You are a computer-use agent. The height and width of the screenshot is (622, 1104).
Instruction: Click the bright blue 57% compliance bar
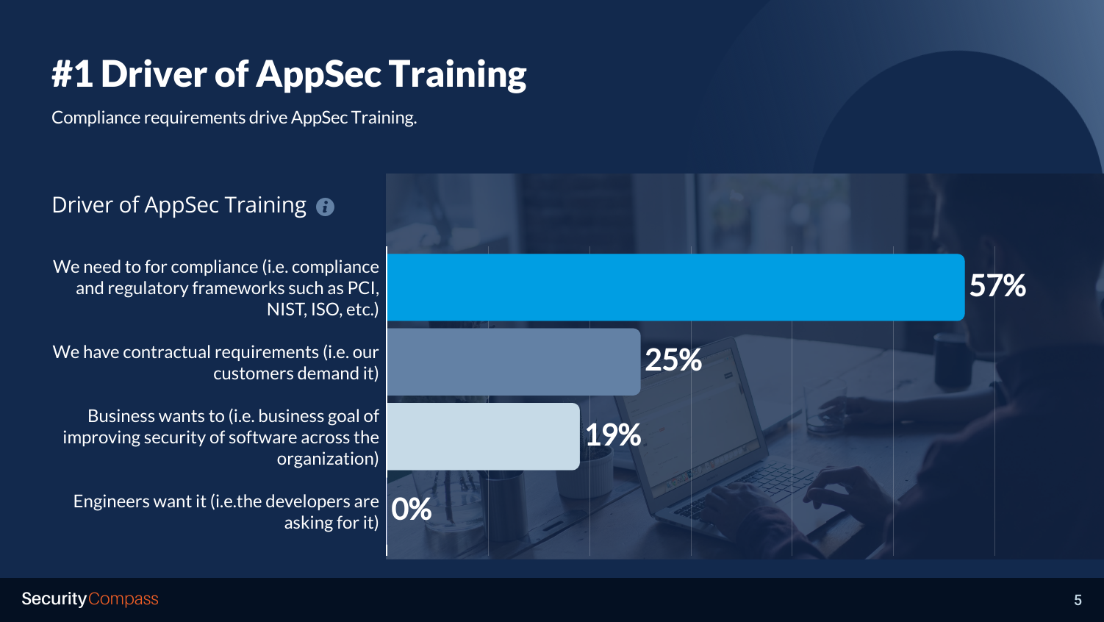click(x=675, y=287)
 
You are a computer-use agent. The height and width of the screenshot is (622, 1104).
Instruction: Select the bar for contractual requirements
click(x=514, y=362)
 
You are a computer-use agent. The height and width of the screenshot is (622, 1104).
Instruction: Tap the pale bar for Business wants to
click(x=484, y=436)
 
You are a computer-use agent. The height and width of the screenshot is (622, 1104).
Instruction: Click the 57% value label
click(x=997, y=285)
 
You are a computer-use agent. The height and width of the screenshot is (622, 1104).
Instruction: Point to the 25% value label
click(x=673, y=360)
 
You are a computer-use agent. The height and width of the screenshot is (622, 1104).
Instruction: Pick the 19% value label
click(x=613, y=435)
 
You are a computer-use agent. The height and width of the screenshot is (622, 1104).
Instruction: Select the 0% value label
click(x=412, y=509)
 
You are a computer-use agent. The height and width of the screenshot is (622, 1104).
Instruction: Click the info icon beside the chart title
click(x=325, y=207)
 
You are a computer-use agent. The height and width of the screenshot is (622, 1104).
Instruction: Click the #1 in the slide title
click(x=73, y=74)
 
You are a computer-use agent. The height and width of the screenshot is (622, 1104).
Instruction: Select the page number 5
click(x=1078, y=600)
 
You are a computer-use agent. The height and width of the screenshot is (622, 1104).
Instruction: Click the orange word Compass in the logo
click(x=123, y=599)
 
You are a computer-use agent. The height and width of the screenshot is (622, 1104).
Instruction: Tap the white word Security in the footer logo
click(x=54, y=599)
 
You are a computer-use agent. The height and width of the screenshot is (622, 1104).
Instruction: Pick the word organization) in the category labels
click(x=328, y=459)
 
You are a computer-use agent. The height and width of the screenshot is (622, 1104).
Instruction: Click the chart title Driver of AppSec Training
click(x=179, y=205)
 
